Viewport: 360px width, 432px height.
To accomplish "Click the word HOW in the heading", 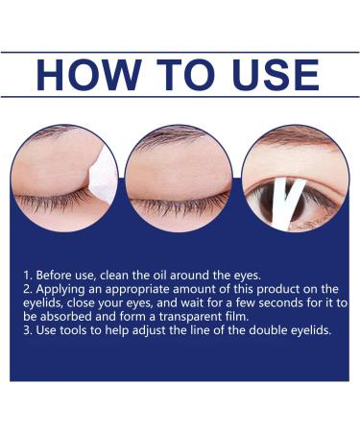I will click(84, 74).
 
